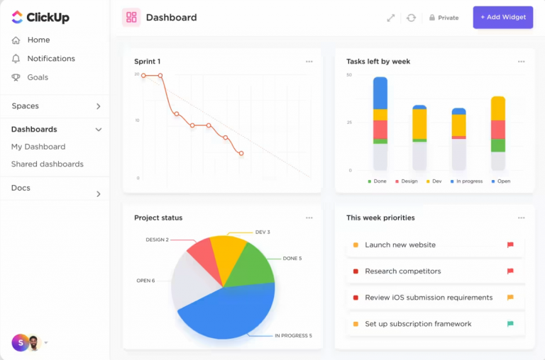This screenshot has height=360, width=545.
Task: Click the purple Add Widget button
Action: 502,17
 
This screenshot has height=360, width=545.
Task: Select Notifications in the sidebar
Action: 50,59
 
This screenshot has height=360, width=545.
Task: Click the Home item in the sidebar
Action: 38,40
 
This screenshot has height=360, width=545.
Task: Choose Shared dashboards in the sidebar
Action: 47,164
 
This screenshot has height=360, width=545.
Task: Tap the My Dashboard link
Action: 38,147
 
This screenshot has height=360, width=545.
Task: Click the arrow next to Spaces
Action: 98,106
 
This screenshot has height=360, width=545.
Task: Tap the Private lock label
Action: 444,18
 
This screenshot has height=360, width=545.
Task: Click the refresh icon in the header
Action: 411,18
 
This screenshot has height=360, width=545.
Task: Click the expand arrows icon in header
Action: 390,18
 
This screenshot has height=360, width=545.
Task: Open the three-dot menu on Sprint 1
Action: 309,62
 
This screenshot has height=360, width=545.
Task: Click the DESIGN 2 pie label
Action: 157,240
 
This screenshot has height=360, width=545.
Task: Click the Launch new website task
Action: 400,245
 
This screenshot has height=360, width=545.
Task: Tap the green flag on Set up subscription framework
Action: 510,324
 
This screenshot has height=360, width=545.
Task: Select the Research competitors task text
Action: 402,271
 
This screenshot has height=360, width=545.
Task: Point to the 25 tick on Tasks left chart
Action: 348,123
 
